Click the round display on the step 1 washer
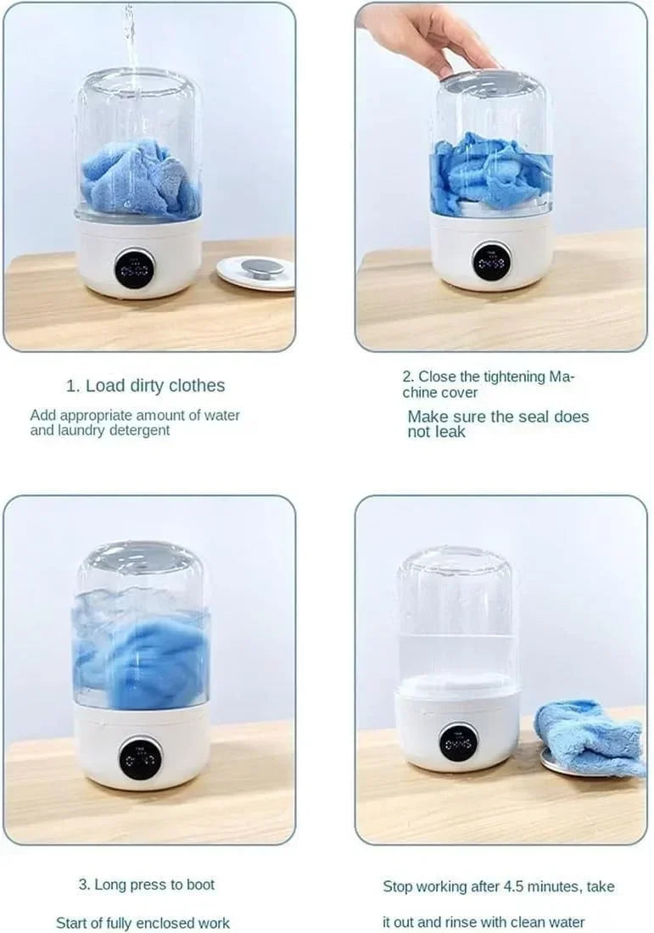pos(135,269)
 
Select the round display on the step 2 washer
pos(491,261)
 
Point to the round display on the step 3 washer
pos(140,757)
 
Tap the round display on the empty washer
pos(458,742)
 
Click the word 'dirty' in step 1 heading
pos(151,386)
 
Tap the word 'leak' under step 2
pos(450,432)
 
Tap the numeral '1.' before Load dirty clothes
pos(73,386)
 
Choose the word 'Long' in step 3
pos(109,885)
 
